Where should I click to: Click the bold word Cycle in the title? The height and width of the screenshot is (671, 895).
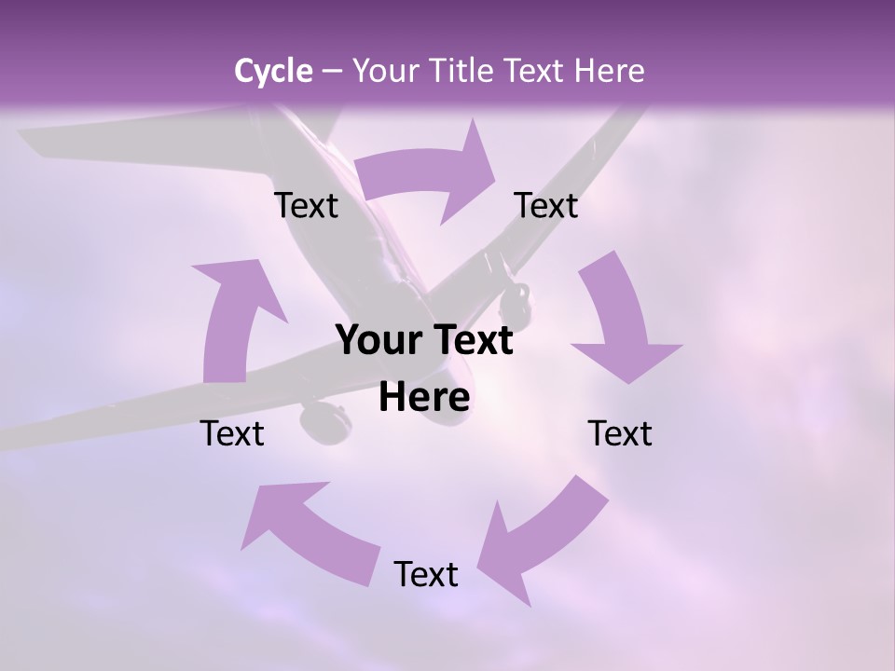(x=273, y=71)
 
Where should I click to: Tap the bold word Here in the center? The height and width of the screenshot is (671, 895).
(x=424, y=397)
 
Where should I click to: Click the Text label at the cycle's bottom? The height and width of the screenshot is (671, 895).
(x=426, y=574)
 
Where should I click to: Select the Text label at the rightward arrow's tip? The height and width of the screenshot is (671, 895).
(x=546, y=205)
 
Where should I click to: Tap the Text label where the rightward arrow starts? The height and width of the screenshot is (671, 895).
(x=307, y=205)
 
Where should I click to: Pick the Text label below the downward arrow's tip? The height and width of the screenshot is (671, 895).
(x=620, y=433)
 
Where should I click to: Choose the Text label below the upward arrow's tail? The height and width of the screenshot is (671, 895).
(x=233, y=433)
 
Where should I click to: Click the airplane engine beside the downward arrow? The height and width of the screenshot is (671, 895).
(x=516, y=300)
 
